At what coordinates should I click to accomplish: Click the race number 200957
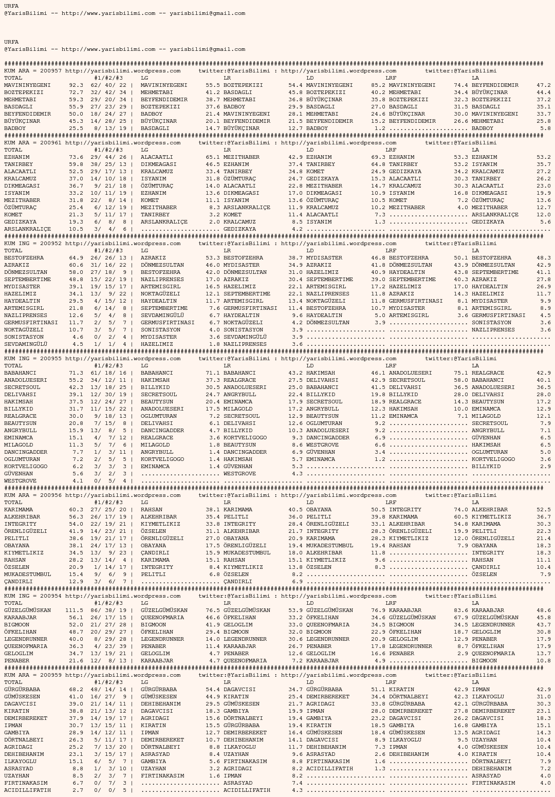[51, 71]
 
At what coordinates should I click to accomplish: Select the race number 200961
[51, 143]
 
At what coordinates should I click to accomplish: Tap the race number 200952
[51, 244]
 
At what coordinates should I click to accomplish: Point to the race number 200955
[51, 359]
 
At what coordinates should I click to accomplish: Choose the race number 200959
[51, 675]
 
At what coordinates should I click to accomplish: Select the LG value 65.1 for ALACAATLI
[212, 157]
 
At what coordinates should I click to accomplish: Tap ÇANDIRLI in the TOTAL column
[18, 582]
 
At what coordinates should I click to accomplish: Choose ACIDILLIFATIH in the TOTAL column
[28, 790]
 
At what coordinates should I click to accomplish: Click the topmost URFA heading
[11, 6]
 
